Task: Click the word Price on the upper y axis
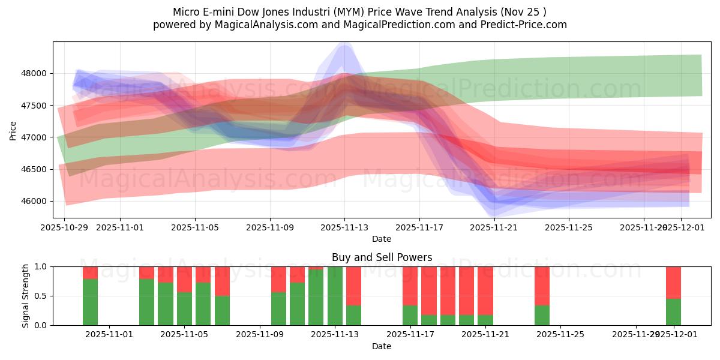tap(13, 130)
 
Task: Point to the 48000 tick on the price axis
tap(34, 74)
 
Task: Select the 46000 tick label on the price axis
tap(34, 201)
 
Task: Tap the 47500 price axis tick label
tap(34, 106)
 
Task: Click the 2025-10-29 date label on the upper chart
tap(64, 227)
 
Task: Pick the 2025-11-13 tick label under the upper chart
tap(344, 227)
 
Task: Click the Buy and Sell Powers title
tap(382, 257)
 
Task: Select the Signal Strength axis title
tap(26, 296)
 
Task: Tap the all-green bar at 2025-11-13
tap(335, 296)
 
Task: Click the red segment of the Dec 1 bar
tap(673, 282)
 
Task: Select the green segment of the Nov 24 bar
tap(542, 315)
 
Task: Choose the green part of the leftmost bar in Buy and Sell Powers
tap(90, 302)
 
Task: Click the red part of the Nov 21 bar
tap(485, 290)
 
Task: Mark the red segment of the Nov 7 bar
tap(222, 281)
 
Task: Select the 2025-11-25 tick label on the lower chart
tap(560, 335)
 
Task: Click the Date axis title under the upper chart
tap(382, 239)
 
